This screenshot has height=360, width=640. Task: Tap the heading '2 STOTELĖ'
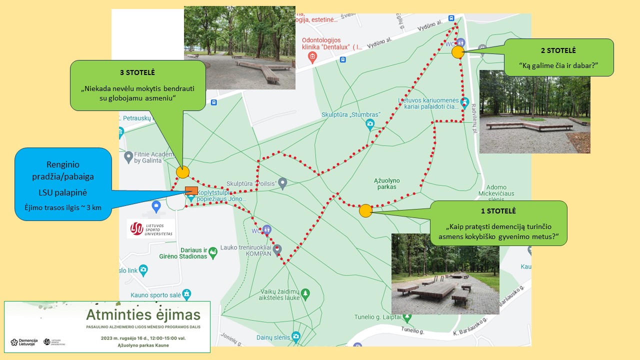pyautogui.click(x=558, y=50)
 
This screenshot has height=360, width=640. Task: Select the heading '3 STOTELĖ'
pyautogui.click(x=137, y=72)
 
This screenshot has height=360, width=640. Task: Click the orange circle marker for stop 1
pyautogui.click(x=365, y=210)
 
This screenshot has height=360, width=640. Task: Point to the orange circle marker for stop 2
pyautogui.click(x=457, y=52)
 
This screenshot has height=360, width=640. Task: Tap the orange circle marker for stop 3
pyautogui.click(x=183, y=172)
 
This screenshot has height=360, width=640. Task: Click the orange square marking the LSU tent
pyautogui.click(x=191, y=190)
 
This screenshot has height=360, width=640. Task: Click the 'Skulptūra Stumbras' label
pyautogui.click(x=351, y=114)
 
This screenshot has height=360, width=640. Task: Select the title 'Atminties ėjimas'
pyautogui.click(x=143, y=315)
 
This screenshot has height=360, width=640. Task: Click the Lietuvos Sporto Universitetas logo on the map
pyautogui.click(x=151, y=228)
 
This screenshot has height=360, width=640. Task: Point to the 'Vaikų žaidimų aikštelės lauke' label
pyautogui.click(x=280, y=294)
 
